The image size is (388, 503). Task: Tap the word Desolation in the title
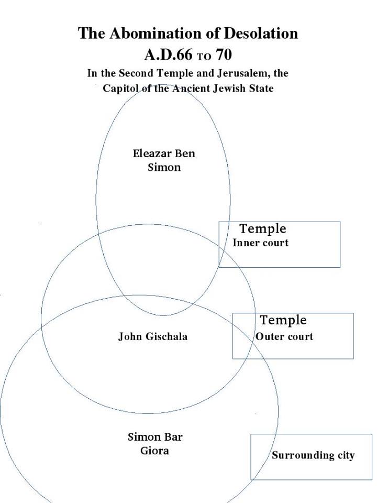pos(261,34)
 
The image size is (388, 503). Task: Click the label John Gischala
pos(152,336)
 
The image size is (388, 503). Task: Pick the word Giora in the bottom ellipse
pos(154,450)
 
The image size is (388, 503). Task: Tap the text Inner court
pos(260,243)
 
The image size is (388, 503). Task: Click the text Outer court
pos(284,336)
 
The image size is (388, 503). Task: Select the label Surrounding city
pos(313,455)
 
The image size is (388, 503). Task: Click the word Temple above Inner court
pos(263,229)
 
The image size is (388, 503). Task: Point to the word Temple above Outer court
pos(283,320)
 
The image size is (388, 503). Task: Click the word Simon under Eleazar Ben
pos(164,168)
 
